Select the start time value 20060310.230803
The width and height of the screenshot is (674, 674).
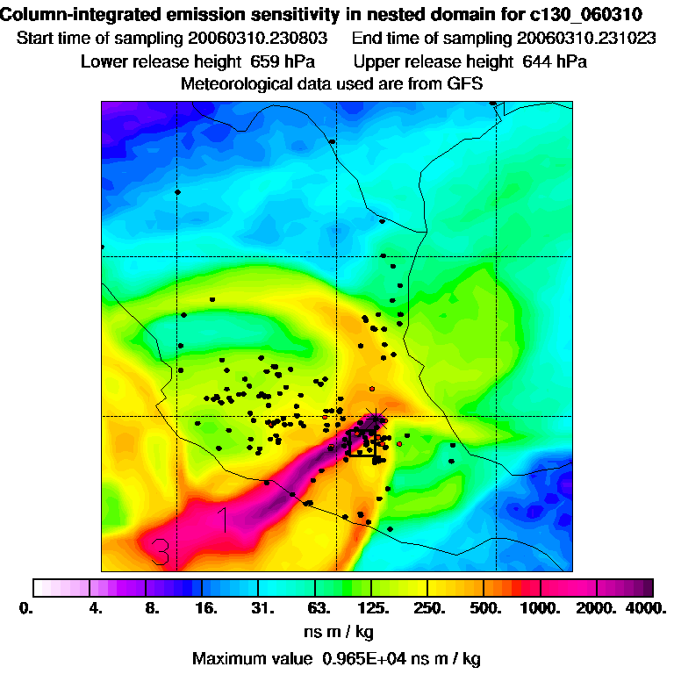point(258,39)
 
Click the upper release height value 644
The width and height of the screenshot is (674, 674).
point(533,61)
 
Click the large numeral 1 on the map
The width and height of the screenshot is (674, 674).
point(225,520)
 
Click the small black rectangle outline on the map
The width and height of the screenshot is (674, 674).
point(362,442)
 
